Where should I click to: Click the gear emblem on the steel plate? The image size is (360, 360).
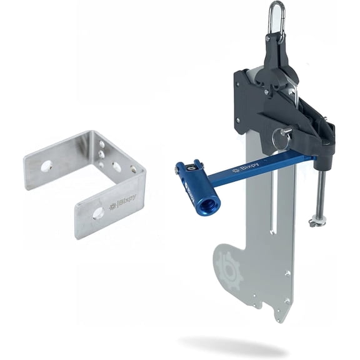coord(229,270)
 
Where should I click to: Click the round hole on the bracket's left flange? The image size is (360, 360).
coord(46,166)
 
